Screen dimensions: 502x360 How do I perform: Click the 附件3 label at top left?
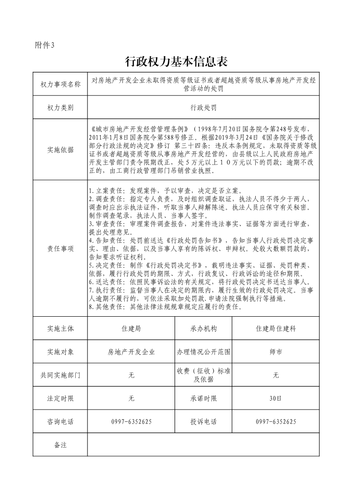click(x=44, y=44)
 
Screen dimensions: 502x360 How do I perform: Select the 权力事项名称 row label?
click(x=60, y=84)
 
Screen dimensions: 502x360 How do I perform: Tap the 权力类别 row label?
click(x=60, y=108)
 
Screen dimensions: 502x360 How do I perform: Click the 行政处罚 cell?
click(x=203, y=108)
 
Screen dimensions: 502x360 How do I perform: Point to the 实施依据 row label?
click(x=60, y=150)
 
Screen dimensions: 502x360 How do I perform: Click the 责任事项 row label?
click(x=60, y=249)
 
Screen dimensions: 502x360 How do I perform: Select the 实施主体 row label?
click(x=60, y=328)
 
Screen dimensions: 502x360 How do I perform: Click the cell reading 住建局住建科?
click(x=276, y=328)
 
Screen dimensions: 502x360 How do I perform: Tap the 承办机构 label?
click(x=203, y=328)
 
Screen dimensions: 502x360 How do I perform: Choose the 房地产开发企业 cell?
click(x=131, y=352)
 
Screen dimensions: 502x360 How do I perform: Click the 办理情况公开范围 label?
click(x=203, y=352)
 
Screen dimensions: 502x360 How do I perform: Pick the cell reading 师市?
click(x=276, y=352)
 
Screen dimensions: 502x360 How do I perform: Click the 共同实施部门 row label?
click(x=60, y=375)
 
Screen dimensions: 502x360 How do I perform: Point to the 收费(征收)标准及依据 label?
click(x=203, y=375)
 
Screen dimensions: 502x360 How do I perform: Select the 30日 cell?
click(x=276, y=399)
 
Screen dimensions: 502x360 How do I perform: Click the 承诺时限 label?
click(x=203, y=399)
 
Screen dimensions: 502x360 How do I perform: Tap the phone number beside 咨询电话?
click(x=131, y=422)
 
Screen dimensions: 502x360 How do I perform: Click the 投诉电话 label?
click(x=203, y=422)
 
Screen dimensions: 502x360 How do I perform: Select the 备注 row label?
click(x=60, y=445)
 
